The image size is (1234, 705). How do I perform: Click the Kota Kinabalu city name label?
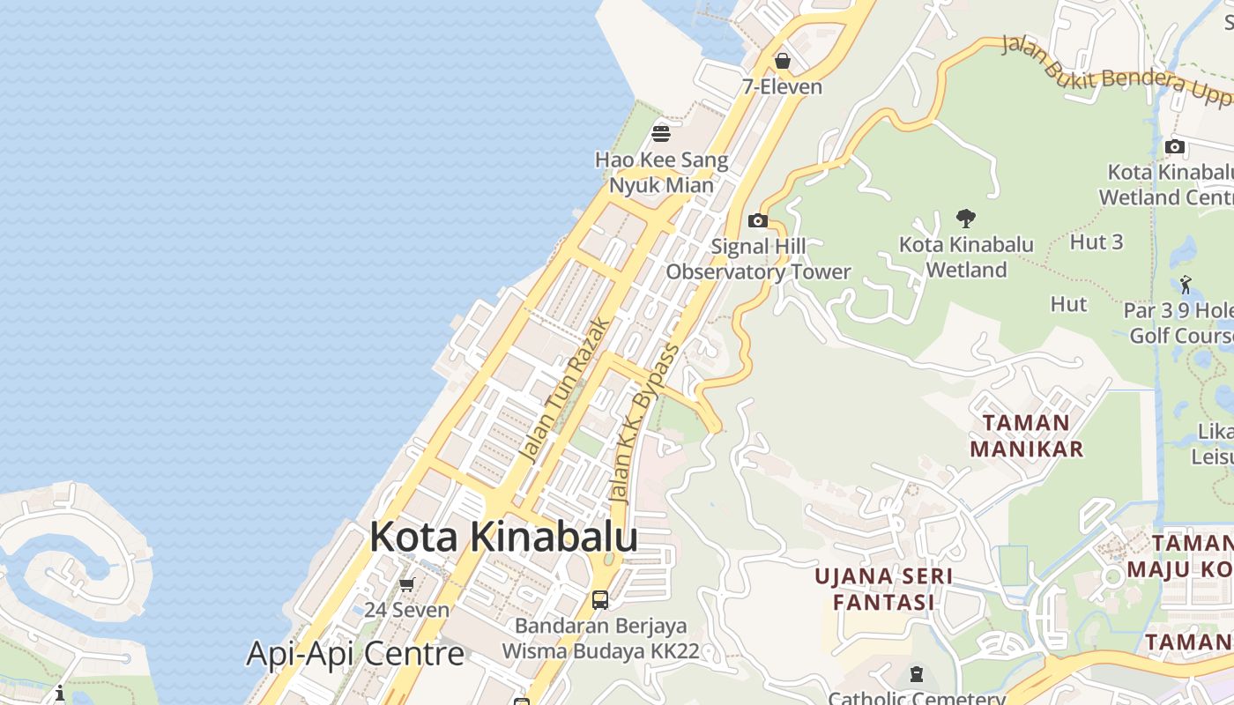click(503, 536)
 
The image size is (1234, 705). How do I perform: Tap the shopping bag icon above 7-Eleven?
click(782, 61)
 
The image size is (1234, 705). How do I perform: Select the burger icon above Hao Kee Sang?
click(661, 134)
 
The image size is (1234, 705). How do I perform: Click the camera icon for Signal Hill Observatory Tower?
click(757, 220)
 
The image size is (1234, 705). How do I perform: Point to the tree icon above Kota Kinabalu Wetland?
click(966, 218)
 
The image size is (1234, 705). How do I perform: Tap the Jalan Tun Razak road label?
click(564, 390)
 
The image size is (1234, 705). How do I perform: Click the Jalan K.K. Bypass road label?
click(644, 424)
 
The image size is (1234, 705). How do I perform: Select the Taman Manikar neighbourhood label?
click(1026, 435)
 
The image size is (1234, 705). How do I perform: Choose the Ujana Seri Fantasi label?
click(883, 589)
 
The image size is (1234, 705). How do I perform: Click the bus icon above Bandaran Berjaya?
click(600, 600)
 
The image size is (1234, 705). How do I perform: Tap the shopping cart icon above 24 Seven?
click(407, 584)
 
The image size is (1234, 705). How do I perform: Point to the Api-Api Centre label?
click(354, 654)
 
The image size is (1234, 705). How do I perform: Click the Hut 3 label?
click(1096, 241)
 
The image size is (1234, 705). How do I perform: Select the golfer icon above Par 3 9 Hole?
click(1186, 285)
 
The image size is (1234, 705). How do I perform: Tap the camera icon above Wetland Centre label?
click(1174, 146)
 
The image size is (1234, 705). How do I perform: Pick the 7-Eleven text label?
click(782, 86)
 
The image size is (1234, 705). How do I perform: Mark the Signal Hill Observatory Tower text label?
click(758, 259)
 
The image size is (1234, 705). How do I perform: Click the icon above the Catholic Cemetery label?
click(917, 675)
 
